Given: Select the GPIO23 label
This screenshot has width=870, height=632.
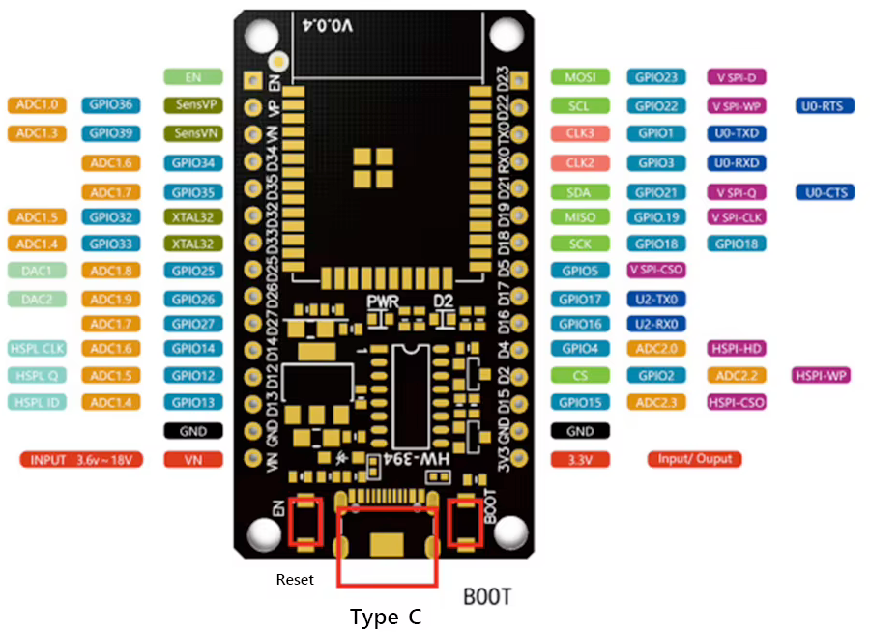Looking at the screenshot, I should (656, 77).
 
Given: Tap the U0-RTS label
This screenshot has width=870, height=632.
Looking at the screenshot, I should (825, 105).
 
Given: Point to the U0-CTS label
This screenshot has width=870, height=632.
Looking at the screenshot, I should (825, 192).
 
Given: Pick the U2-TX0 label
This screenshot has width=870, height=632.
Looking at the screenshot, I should (656, 300).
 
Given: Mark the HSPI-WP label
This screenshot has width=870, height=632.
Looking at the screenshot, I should (821, 374).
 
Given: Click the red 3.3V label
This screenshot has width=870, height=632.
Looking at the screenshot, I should (580, 460).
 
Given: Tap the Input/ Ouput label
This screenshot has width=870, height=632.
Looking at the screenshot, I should (695, 459).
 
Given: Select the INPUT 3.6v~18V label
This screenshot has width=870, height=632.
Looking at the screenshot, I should (81, 460).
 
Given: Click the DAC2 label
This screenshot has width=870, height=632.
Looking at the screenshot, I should (37, 299).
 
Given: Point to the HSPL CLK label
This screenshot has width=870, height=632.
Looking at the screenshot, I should (37, 348).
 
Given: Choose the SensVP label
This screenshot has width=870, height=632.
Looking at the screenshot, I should (193, 104).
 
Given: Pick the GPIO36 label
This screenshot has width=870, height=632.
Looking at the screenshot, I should (113, 104).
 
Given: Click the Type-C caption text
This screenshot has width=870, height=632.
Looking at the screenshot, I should (386, 617).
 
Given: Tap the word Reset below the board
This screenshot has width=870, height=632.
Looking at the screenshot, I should (295, 580).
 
